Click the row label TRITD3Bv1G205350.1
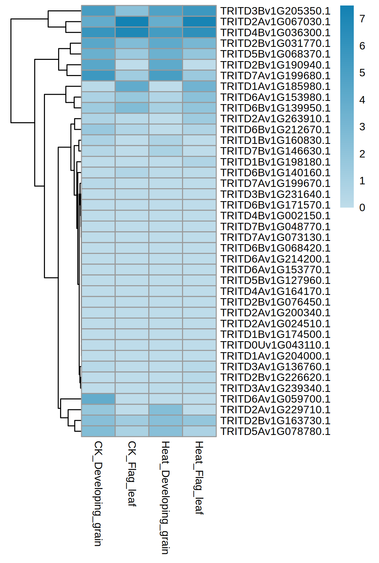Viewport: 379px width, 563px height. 275,11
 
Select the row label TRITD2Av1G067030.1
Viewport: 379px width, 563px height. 275,22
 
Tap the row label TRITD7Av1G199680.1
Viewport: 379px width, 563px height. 275,76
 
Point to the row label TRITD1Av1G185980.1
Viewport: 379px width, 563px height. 275,86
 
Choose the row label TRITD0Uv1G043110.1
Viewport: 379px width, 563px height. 275,345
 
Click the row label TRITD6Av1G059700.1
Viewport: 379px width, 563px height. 275,399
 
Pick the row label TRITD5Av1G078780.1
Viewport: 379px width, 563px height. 275,431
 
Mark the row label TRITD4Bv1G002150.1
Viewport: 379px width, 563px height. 275,216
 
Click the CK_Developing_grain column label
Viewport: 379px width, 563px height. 98,493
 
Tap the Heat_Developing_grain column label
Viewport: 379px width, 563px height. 165,497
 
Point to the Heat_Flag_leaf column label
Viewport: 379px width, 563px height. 199,477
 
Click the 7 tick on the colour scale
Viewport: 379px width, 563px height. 362,19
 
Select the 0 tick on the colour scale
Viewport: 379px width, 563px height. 362,208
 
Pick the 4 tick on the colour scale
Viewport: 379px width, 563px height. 362,100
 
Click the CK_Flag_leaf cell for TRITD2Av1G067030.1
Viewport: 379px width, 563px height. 132,22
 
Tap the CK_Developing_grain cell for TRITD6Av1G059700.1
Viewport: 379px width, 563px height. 98,399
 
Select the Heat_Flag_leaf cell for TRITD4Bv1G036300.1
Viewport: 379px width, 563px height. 200,32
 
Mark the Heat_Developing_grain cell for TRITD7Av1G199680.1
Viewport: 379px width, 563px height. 166,76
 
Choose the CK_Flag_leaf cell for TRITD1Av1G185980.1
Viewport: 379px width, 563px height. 132,86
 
